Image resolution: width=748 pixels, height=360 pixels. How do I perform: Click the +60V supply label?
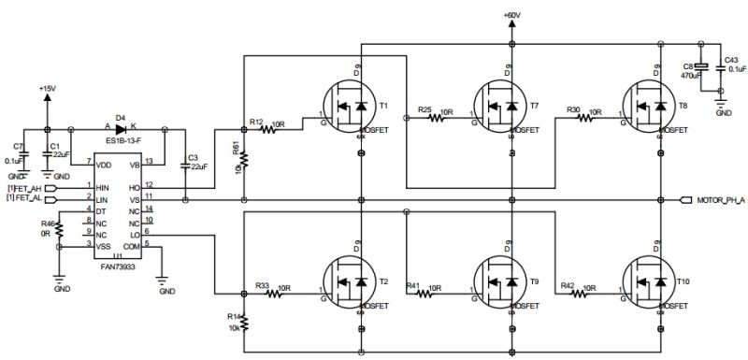click(511, 15)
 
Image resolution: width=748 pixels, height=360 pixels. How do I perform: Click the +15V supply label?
click(48, 88)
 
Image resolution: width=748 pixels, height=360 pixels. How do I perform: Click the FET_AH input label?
click(25, 187)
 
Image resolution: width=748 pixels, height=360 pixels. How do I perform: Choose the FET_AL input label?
click(25, 198)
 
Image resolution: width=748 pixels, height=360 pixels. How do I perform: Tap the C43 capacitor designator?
click(731, 60)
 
